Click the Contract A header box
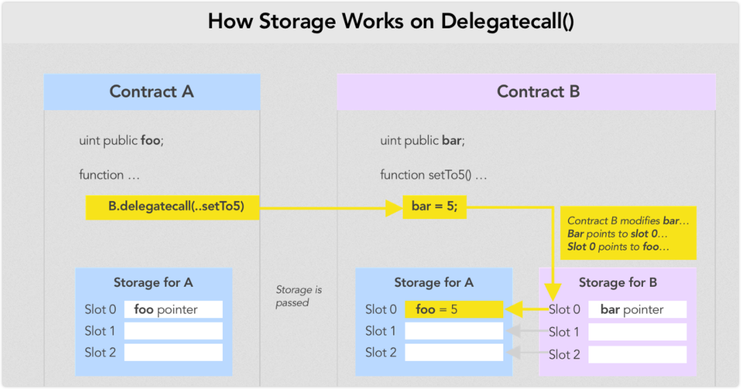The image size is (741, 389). click(x=152, y=92)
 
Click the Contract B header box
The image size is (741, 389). click(x=526, y=92)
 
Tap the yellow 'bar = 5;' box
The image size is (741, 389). click(x=435, y=207)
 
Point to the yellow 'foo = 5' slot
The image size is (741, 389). click(x=454, y=309)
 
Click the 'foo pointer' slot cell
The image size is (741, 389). click(x=173, y=309)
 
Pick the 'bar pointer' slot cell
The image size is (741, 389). click(x=637, y=309)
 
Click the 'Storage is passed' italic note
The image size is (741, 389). click(x=299, y=296)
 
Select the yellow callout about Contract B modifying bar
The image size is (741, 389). click(x=628, y=233)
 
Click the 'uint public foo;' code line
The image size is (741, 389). click(x=121, y=140)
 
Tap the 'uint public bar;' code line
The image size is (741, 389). click(x=423, y=140)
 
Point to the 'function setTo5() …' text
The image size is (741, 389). click(x=433, y=175)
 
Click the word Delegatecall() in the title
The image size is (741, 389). click(x=507, y=22)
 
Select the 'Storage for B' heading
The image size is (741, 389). click(x=618, y=282)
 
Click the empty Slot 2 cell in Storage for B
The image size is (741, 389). click(x=637, y=355)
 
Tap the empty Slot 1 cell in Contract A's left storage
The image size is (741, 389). click(x=173, y=331)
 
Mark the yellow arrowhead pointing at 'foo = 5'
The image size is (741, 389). click(x=514, y=309)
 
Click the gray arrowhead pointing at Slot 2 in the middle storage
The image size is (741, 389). click(x=514, y=353)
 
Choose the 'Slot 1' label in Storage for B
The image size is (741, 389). click(x=564, y=332)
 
